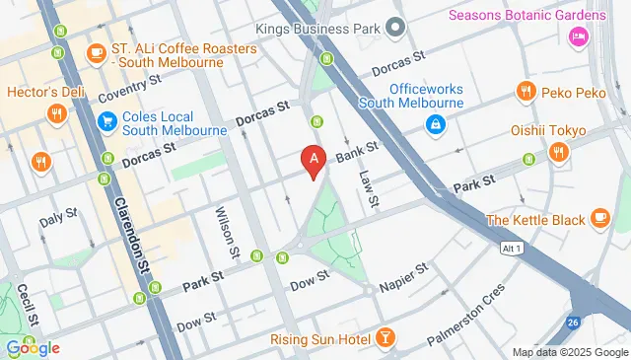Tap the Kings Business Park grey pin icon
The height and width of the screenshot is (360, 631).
click(395, 26)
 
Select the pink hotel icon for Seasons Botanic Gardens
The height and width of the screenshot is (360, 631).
click(578, 37)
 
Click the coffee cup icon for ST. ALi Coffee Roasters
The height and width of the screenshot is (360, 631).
click(97, 51)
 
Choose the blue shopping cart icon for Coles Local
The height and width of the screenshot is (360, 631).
click(106, 122)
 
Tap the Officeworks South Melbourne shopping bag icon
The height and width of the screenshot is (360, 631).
click(433, 124)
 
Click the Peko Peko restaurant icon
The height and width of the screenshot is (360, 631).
click(526, 91)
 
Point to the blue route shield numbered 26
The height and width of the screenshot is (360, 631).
click(573, 323)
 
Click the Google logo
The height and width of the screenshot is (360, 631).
click(32, 347)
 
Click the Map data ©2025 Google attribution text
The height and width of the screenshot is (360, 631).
click(569, 352)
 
